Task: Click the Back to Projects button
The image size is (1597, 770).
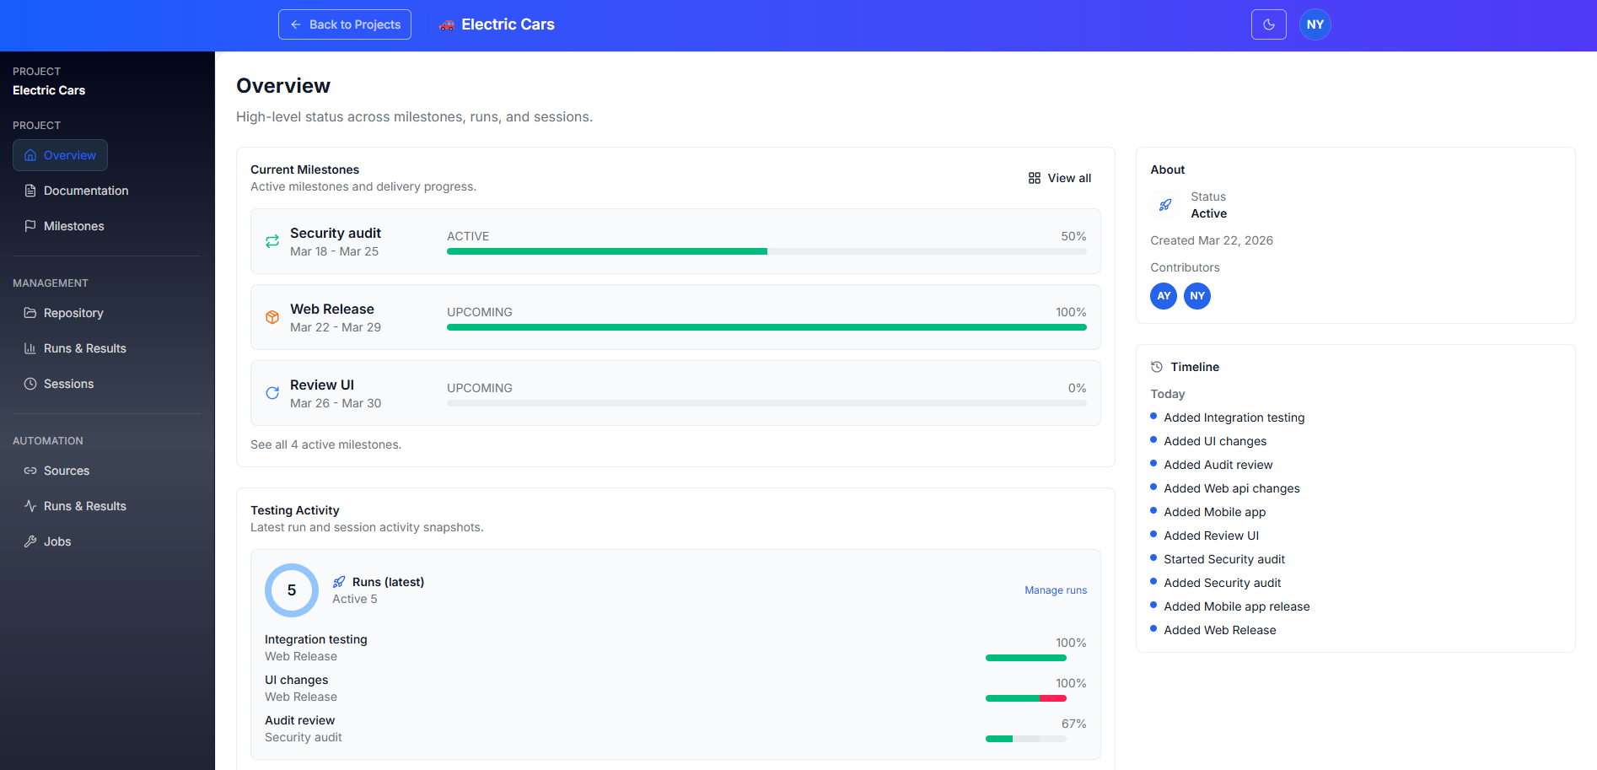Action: [x=345, y=24]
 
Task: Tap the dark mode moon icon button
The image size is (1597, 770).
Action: [x=1268, y=24]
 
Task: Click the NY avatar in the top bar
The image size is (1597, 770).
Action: [x=1315, y=24]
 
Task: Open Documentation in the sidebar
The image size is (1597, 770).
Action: [x=85, y=191]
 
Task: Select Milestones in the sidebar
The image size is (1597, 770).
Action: [x=73, y=226]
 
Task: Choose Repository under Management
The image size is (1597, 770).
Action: [x=73, y=313]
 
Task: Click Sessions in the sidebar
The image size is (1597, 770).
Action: [x=68, y=384]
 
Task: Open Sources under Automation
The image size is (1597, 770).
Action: [x=66, y=471]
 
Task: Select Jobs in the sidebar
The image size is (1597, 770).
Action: [x=56, y=541]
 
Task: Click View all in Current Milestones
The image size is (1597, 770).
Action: [x=1060, y=178]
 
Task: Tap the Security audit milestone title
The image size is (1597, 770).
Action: [x=335, y=233]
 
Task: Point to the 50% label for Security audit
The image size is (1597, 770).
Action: [x=1073, y=236]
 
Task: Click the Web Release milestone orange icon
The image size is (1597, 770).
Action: [x=272, y=317]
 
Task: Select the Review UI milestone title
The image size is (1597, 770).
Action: [x=321, y=385]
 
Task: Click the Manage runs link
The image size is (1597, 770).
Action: [x=1055, y=590]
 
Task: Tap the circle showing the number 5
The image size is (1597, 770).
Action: [x=292, y=590]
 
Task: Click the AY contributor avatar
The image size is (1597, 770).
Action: [x=1163, y=296]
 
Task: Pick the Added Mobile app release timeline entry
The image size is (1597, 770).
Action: [x=1236, y=606]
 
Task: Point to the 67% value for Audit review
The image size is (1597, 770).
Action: [x=1073, y=724]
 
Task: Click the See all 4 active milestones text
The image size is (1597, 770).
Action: [x=325, y=444]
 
